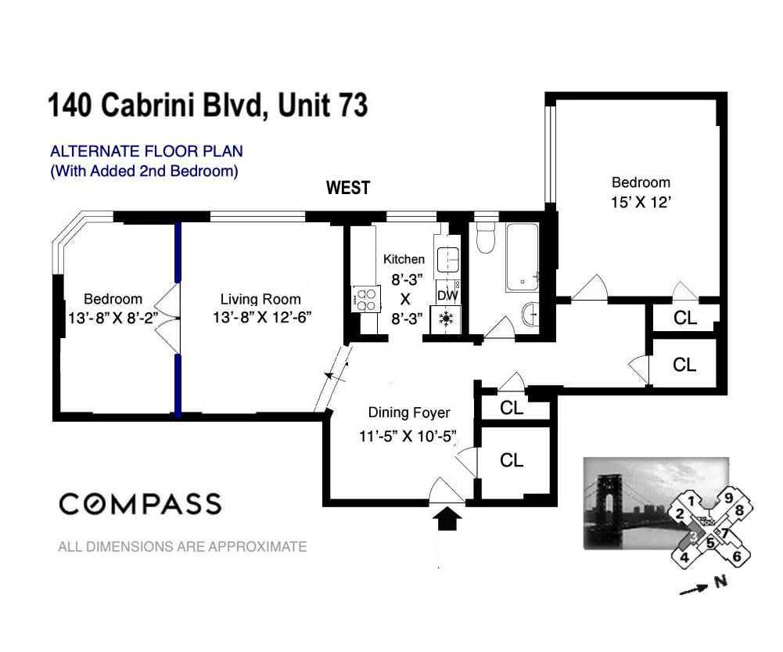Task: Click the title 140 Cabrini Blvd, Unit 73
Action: click(x=208, y=106)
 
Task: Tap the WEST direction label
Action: click(x=347, y=188)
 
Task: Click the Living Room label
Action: click(x=260, y=299)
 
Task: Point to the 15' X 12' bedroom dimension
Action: click(x=641, y=200)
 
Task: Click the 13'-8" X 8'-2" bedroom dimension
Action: click(x=113, y=318)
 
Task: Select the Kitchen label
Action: click(x=404, y=259)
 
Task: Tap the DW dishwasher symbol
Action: click(x=447, y=295)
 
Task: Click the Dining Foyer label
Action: click(x=409, y=412)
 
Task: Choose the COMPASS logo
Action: click(x=140, y=503)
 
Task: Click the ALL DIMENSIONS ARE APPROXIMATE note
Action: click(x=182, y=547)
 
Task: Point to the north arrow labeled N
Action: click(x=701, y=586)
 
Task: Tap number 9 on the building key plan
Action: click(x=727, y=497)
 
